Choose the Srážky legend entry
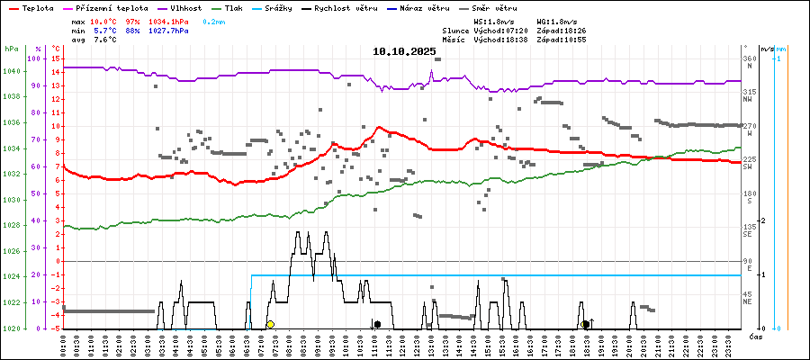pos(288,7)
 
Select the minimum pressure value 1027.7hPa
pos(169,31)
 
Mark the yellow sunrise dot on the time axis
pos(270,324)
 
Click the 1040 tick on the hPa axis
pos(11,71)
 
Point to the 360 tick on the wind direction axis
pos(749,58)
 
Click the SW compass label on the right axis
pos(749,167)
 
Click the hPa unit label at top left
pos(11,48)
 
